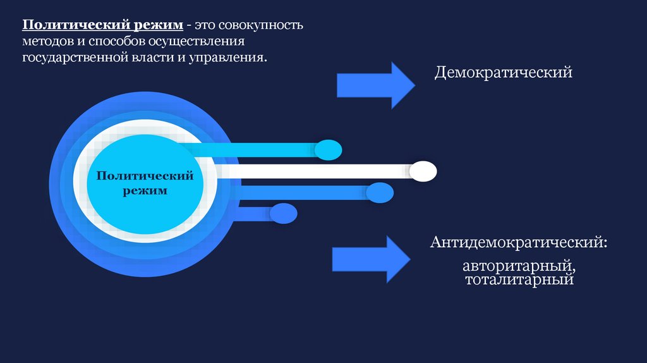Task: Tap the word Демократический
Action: tap(503, 73)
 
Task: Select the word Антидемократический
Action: tap(517, 243)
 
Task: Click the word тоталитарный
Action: tap(519, 279)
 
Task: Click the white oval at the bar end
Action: tap(423, 171)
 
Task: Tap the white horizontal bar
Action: tap(316, 171)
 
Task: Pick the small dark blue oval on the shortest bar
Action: tap(283, 213)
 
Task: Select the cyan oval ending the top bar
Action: tap(328, 150)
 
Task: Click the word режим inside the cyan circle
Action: tap(145, 190)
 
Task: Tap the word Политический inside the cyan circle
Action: tap(145, 175)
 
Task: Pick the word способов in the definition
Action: tap(116, 42)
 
